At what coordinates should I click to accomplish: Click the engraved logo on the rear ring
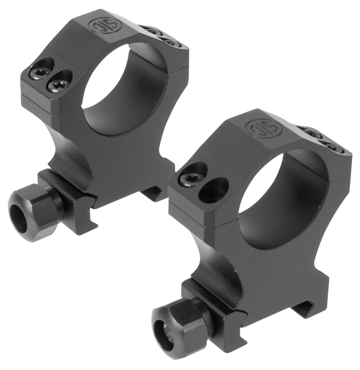[x=99, y=25]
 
